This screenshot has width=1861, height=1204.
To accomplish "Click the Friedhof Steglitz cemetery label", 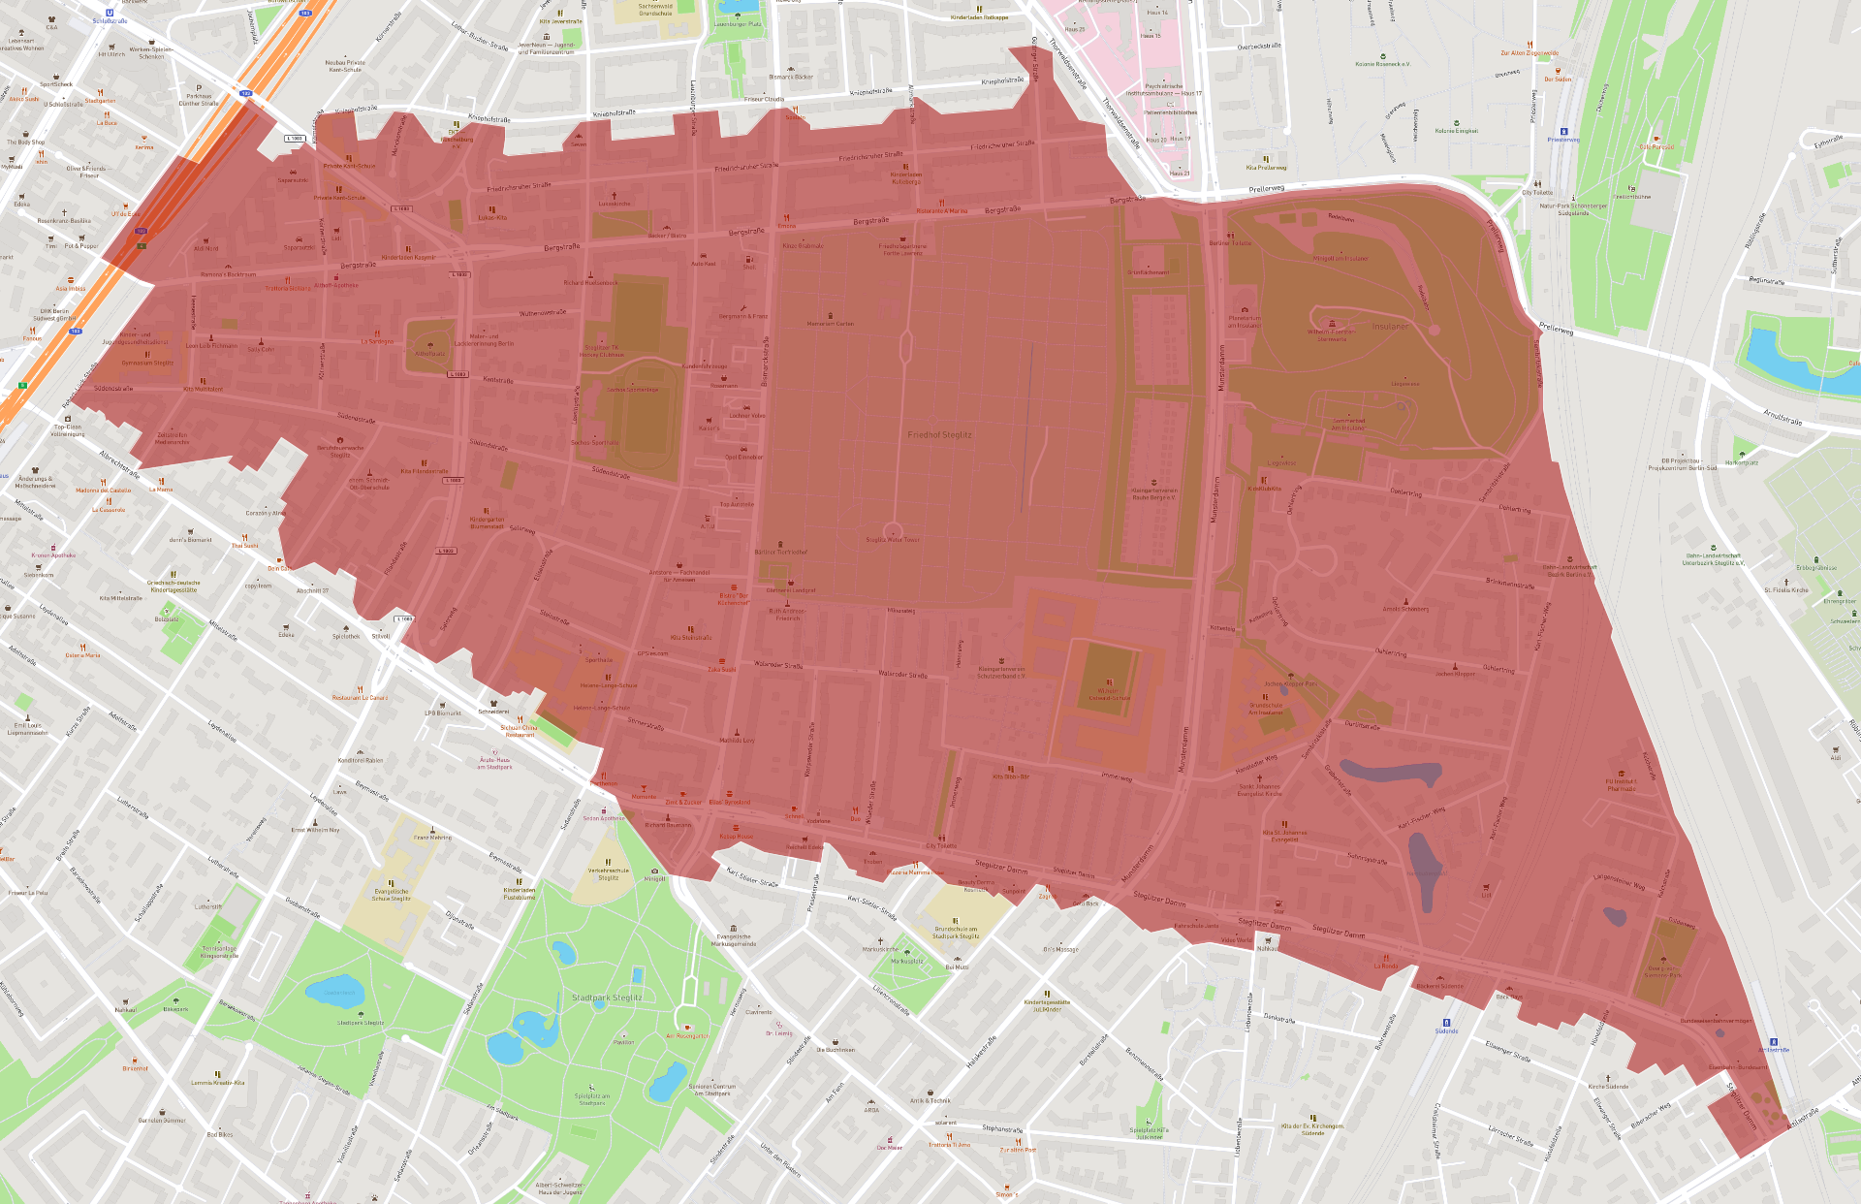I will [x=939, y=435].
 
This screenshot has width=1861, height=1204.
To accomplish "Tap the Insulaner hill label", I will [x=1390, y=327].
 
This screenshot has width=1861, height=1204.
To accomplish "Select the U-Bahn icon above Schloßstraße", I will [x=110, y=13].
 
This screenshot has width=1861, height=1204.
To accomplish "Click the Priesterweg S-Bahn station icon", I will [x=1563, y=131].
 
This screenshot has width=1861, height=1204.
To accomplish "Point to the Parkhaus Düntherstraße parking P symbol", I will [x=199, y=88].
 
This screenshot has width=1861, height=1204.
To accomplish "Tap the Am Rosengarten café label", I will [x=686, y=1035].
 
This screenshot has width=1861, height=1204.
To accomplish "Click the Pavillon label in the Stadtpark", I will [x=623, y=1042].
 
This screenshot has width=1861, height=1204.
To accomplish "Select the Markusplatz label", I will [x=907, y=962].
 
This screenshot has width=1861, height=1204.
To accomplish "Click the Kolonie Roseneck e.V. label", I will [x=1382, y=64].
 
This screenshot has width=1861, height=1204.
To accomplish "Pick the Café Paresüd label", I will [x=1656, y=147].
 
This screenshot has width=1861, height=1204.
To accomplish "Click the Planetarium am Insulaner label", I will [x=1245, y=321].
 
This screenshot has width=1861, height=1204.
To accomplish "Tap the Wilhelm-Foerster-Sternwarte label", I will [x=1332, y=335].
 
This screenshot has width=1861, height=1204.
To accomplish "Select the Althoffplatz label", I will [x=429, y=354].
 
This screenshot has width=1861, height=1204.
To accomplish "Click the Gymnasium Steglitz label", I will [x=147, y=363].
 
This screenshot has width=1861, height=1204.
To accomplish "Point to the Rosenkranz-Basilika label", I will [x=64, y=220].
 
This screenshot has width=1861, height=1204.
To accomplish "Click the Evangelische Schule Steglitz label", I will [x=391, y=895].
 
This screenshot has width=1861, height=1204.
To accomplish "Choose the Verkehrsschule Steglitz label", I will [x=608, y=873].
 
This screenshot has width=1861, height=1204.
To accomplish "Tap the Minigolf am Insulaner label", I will [x=1341, y=259].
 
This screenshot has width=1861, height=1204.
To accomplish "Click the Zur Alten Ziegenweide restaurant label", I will [x=1530, y=53].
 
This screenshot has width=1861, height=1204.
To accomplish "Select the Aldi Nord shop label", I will [x=205, y=248].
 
